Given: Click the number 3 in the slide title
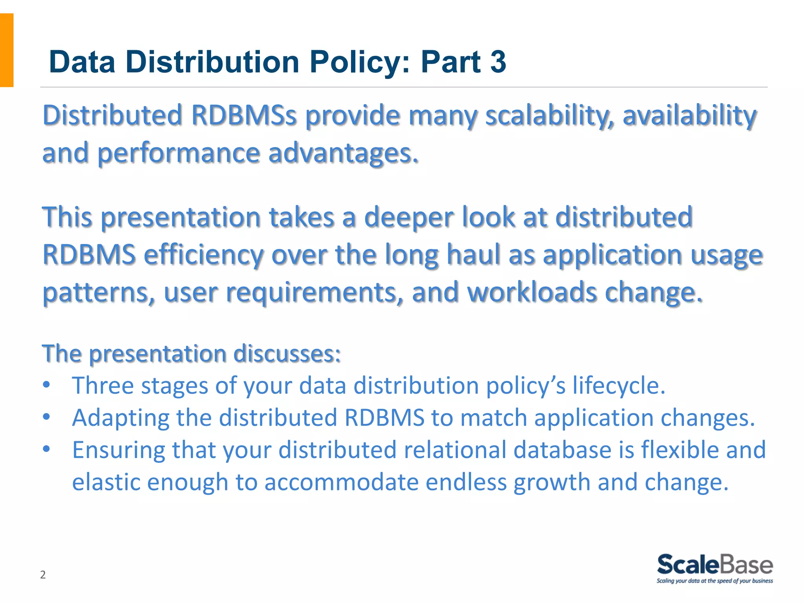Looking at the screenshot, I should (x=498, y=62).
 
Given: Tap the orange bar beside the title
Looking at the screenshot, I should (x=7, y=50).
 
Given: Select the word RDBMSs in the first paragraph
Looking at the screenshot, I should (x=243, y=116).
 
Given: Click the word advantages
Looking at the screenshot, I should (x=343, y=153).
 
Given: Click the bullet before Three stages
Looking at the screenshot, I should (x=47, y=385).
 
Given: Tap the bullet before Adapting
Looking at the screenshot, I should (x=47, y=417).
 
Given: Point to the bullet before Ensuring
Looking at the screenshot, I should (x=47, y=449).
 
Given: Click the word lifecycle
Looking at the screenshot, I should (x=619, y=386).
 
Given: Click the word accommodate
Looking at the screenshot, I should (x=341, y=482).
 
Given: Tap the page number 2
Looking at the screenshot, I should (x=43, y=575).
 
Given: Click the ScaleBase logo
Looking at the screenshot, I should (x=715, y=565).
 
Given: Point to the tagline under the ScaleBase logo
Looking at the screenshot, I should (x=715, y=581).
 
